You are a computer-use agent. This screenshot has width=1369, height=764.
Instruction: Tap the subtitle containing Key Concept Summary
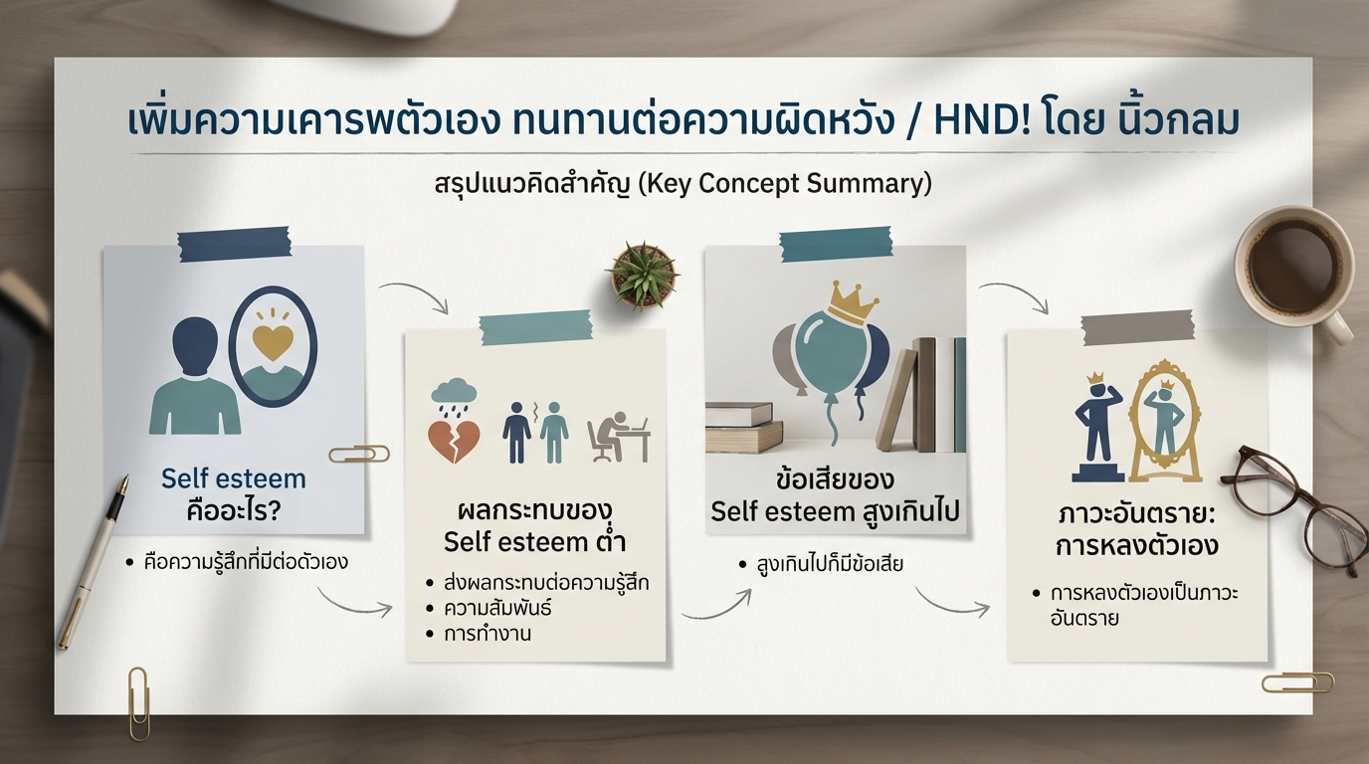[x=683, y=185]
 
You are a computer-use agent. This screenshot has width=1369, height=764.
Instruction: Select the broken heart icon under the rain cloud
[x=454, y=441]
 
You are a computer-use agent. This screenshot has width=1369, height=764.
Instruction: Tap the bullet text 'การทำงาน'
[x=488, y=633]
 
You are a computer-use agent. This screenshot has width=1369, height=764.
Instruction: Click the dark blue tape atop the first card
[x=233, y=244]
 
